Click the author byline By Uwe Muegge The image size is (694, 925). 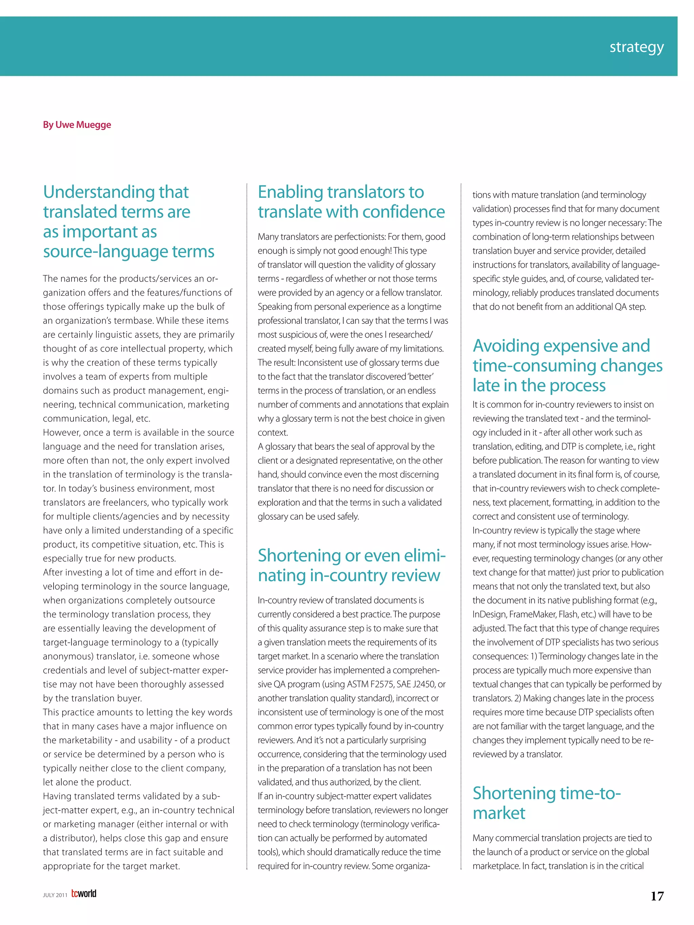point(77,125)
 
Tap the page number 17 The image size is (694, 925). point(657,896)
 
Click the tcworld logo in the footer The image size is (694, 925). point(84,894)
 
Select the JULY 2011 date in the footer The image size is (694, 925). point(55,895)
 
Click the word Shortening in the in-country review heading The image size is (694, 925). point(299,556)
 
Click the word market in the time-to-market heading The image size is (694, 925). point(498,813)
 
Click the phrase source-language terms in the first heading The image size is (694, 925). point(128,252)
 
